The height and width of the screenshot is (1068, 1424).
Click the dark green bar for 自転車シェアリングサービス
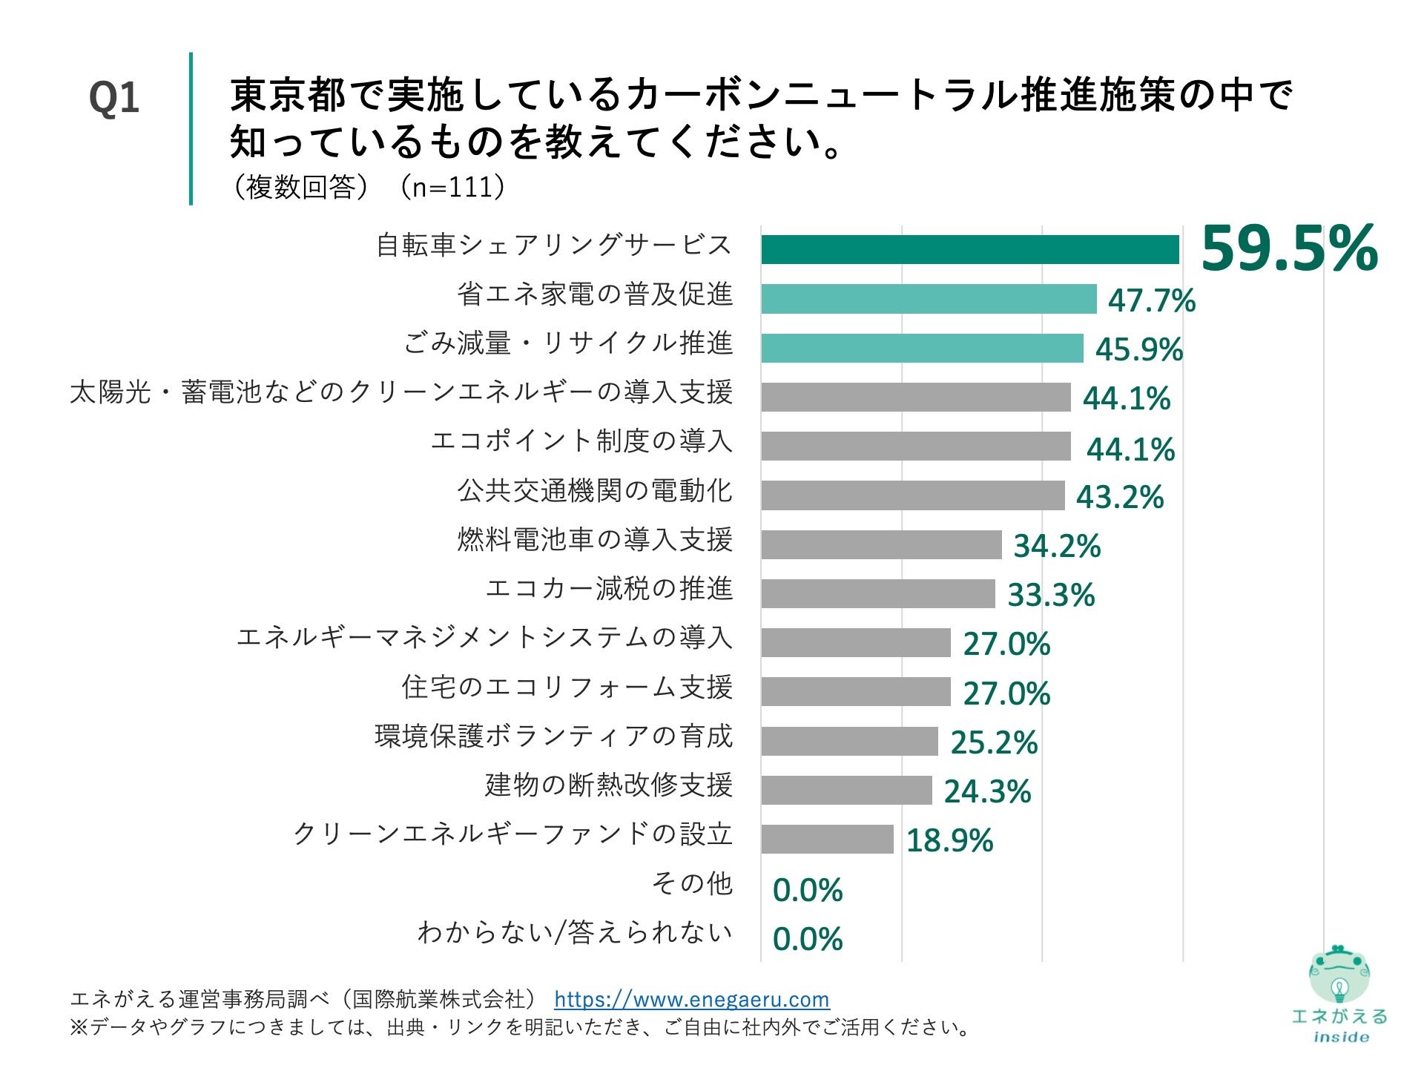coord(969,249)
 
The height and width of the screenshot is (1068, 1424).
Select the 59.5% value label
coord(1289,249)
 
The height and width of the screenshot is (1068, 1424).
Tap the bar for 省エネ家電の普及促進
coord(929,299)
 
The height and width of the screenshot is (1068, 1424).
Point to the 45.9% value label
coord(1138,349)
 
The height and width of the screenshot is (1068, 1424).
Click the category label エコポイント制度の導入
coord(581,441)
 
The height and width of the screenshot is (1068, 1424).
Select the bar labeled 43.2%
coord(912,495)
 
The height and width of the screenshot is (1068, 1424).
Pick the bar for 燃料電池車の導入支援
coord(881,544)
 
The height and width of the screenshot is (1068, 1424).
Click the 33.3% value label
coord(1051,595)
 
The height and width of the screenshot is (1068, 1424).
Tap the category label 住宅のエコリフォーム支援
coord(567,687)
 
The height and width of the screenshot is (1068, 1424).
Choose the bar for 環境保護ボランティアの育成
coord(849,741)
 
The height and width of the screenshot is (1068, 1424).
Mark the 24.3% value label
coord(987,791)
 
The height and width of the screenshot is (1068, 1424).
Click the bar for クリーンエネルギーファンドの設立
coord(827,839)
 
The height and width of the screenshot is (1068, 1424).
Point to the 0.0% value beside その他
coord(807,890)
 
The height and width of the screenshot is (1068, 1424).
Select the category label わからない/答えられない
coord(575,932)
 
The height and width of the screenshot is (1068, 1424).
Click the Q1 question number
coord(113,98)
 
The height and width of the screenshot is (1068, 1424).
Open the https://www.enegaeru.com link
coord(691,999)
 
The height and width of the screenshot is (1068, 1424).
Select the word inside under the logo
coord(1340,1037)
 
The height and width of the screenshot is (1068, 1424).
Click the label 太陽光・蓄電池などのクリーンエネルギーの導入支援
coord(401,392)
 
